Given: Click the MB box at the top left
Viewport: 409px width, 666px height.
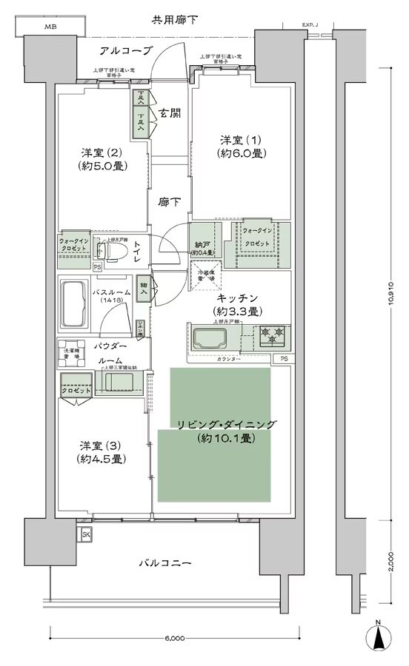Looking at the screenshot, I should pos(50,27).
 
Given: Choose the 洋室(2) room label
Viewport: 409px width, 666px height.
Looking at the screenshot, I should pos(102,159).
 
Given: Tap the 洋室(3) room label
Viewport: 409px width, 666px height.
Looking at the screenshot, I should pos(102,452).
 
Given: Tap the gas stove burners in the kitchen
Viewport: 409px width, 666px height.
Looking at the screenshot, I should pos(271,337).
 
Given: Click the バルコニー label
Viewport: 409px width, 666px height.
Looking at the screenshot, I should pos(166,564).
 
